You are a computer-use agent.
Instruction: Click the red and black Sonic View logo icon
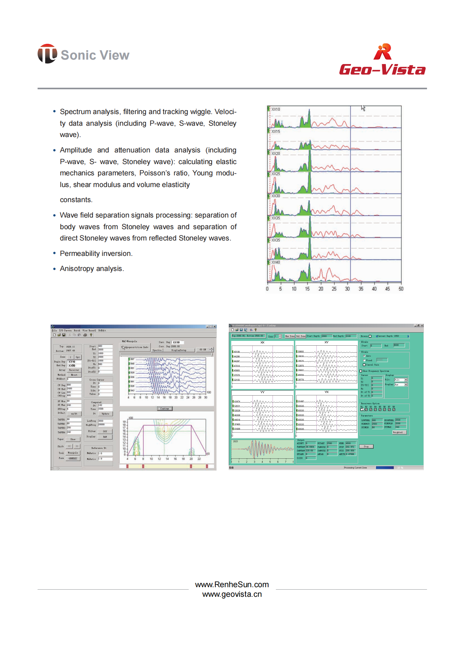coord(47,54)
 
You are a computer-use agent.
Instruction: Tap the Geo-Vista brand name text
coord(382,70)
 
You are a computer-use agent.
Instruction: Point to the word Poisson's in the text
coord(154,173)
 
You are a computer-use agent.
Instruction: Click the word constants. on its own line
coord(76,200)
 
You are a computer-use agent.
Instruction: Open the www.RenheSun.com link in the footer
coord(232,584)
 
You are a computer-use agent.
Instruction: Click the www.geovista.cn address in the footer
coord(232,594)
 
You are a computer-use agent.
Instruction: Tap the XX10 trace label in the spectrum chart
coord(276,109)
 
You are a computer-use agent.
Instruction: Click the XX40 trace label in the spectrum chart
coord(276,262)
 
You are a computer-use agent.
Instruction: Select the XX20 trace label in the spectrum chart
coord(276,153)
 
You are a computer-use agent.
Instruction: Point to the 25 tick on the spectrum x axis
coord(334,289)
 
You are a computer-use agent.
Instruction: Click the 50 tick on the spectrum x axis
coord(401,289)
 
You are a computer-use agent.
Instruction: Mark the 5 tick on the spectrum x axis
coord(280,289)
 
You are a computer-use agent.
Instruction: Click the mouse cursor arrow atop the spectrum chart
coord(363,108)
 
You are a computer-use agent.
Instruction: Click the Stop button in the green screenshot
coord(366,446)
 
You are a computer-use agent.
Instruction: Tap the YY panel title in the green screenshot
coord(262,392)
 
